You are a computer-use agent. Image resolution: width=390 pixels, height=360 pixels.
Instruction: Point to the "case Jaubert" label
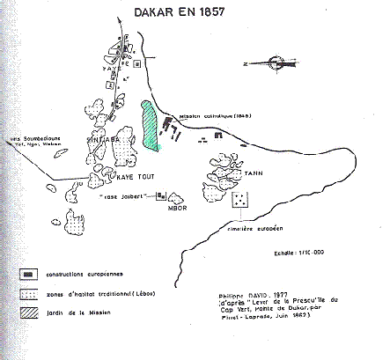pyautogui.click(x=137, y=195)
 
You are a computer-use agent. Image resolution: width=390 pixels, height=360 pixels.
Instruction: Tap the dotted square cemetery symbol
pyautogui.click(x=239, y=201)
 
